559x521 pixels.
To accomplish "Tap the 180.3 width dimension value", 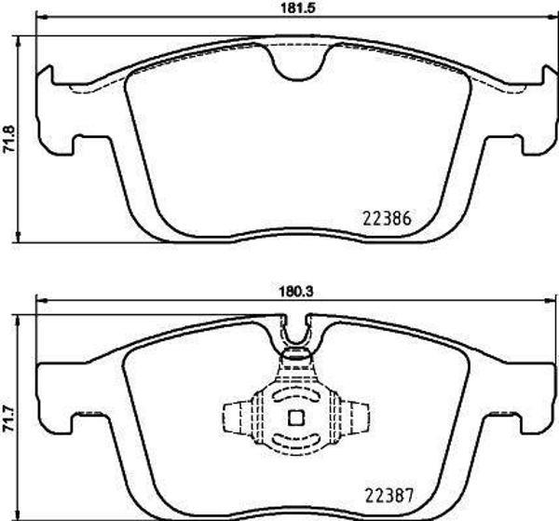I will click(x=294, y=291).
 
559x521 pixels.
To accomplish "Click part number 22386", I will click(x=385, y=222).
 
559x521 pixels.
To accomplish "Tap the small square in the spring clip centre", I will click(x=297, y=418).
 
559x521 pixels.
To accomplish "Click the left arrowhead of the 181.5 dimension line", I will click(x=37, y=19).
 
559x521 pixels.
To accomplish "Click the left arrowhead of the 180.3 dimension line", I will click(x=39, y=300).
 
